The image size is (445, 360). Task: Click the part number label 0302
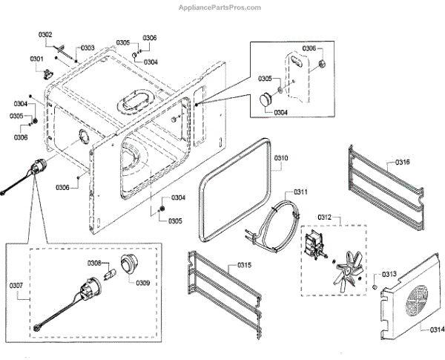pyautogui.click(x=45, y=35)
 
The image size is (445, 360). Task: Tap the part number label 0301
pyautogui.click(x=36, y=59)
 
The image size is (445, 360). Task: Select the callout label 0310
pyautogui.click(x=281, y=158)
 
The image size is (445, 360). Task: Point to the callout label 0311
pyautogui.click(x=301, y=192)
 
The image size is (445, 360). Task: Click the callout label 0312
pyautogui.click(x=325, y=217)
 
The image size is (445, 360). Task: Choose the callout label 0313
pyautogui.click(x=390, y=274)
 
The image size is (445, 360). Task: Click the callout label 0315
pyautogui.click(x=245, y=265)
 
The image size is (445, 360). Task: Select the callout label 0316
pyautogui.click(x=402, y=163)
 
